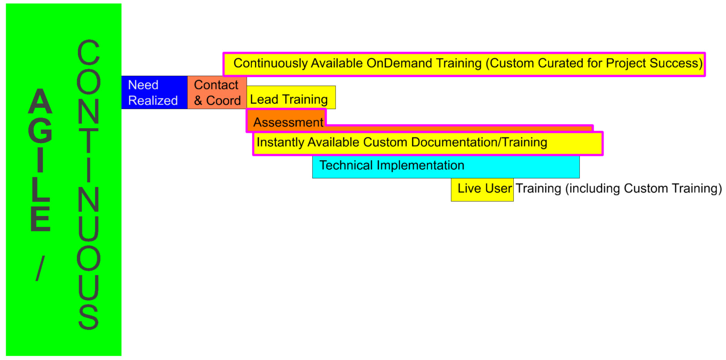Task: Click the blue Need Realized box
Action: click(x=155, y=92)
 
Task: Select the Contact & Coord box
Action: click(x=217, y=92)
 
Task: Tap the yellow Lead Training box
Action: click(x=291, y=97)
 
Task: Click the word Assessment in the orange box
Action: click(x=288, y=122)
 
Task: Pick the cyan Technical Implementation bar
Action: click(x=446, y=166)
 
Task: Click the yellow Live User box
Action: click(x=482, y=190)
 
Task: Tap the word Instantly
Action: click(x=280, y=142)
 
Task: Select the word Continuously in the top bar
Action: click(x=270, y=63)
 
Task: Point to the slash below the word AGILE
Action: click(x=40, y=268)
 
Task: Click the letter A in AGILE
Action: click(x=40, y=101)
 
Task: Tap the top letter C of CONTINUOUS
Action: click(x=88, y=52)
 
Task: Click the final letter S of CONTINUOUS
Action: click(x=88, y=317)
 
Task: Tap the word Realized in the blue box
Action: click(x=153, y=100)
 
